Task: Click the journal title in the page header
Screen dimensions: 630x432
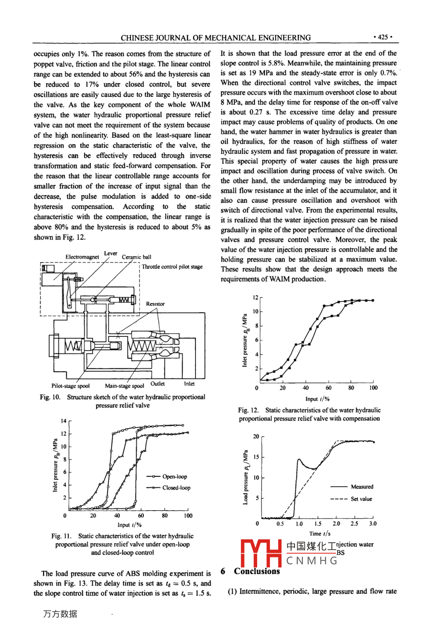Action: (216, 38)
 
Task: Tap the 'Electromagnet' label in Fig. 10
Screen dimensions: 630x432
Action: (82, 257)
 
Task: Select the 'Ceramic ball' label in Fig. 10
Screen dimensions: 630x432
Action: (137, 257)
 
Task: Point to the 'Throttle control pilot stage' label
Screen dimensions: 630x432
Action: (172, 267)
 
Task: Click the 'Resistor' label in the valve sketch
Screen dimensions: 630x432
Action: (155, 304)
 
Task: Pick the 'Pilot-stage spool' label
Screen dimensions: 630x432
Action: (70, 386)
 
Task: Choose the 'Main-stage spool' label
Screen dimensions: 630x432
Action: (124, 386)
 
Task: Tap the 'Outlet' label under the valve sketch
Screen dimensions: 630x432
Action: (158, 384)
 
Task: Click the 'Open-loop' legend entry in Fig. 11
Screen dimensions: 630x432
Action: (174, 476)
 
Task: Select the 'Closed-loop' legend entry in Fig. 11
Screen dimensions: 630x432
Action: (176, 488)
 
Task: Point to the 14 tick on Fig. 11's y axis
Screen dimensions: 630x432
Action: (64, 421)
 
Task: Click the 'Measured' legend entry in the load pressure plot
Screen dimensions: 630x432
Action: (362, 487)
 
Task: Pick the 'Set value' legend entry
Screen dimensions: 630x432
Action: (361, 499)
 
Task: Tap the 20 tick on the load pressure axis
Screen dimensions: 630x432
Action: (256, 437)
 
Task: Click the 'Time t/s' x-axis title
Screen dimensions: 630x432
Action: (320, 534)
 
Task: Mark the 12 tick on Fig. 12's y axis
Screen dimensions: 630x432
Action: (256, 297)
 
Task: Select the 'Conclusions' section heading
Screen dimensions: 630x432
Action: (257, 571)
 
